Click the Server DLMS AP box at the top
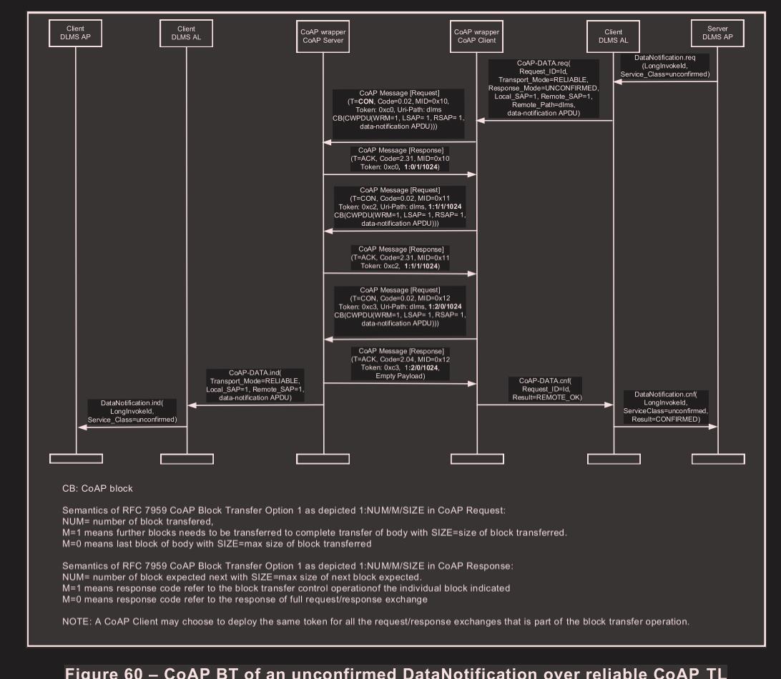pyautogui.click(x=718, y=34)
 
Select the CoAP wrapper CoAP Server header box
pyautogui.click(x=323, y=35)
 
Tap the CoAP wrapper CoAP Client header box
pyautogui.click(x=477, y=35)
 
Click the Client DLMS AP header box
pyautogui.click(x=76, y=34)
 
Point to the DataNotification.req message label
pyautogui.click(x=665, y=64)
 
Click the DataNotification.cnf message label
pyautogui.click(x=666, y=406)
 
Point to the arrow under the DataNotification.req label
pyautogui.click(x=665, y=82)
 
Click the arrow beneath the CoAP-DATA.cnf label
pyautogui.click(x=545, y=405)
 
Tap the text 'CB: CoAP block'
pyautogui.click(x=98, y=489)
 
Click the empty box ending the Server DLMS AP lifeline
pyautogui.click(x=718, y=458)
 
